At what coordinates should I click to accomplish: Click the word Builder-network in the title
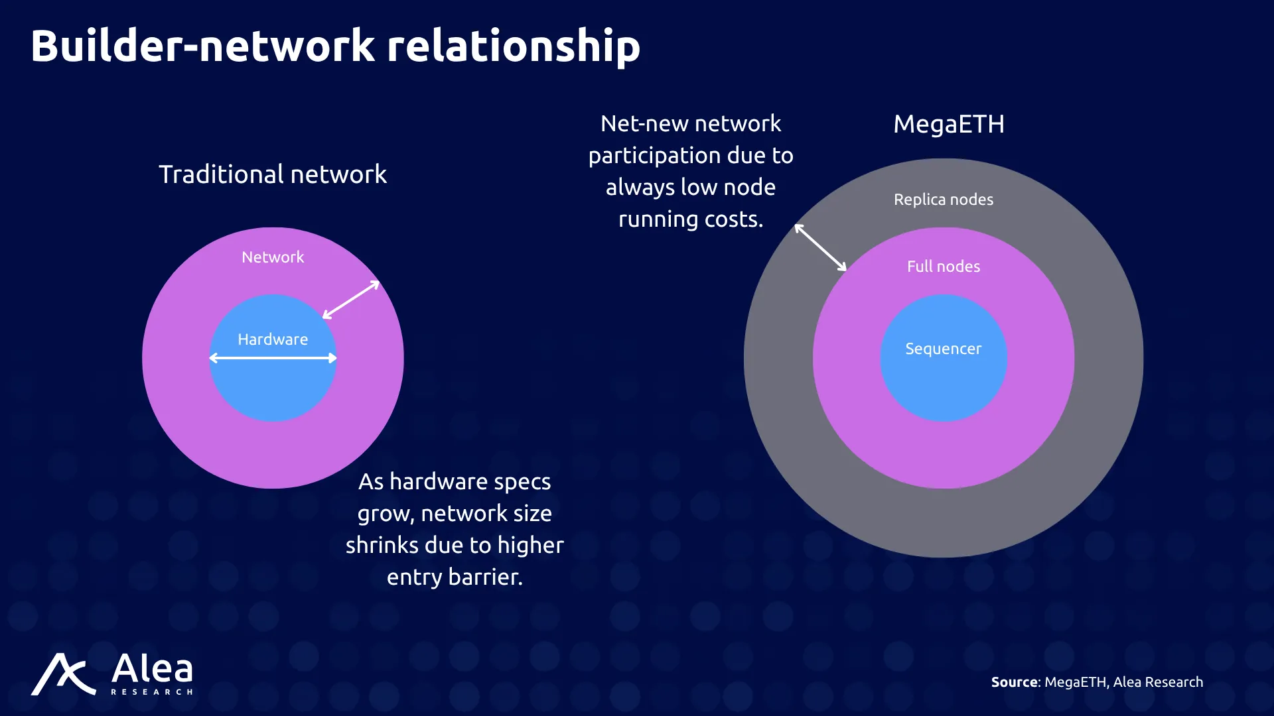tap(203, 46)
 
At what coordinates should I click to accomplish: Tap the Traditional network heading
tap(273, 174)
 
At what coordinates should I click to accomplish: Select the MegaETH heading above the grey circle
tap(949, 125)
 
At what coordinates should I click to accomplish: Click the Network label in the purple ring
tap(273, 257)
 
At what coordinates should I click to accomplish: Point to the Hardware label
tap(273, 339)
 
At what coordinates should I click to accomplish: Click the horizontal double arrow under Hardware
tap(273, 358)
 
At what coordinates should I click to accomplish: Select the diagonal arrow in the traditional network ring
tap(351, 300)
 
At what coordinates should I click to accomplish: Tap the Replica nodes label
tap(944, 200)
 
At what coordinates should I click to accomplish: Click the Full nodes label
tap(944, 267)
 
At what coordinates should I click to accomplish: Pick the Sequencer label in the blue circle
tap(944, 349)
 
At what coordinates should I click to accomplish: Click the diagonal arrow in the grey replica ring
tap(821, 248)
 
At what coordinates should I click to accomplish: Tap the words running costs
tap(691, 219)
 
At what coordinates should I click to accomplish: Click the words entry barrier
tap(455, 577)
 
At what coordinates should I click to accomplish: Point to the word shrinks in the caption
tap(382, 545)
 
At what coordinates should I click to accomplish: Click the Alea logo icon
tap(64, 674)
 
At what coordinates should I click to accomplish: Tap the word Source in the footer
tap(1015, 682)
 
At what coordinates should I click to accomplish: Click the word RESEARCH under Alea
tap(152, 692)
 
